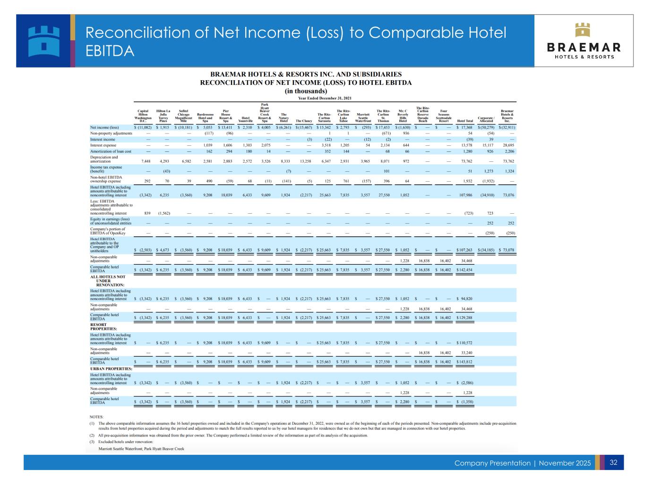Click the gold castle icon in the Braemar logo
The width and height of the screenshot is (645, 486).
click(x=584, y=29)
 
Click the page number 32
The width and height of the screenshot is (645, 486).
click(x=613, y=462)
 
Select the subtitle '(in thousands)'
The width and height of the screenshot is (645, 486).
click(x=306, y=91)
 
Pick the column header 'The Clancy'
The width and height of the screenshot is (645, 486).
click(x=303, y=121)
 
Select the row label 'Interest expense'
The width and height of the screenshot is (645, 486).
click(x=103, y=145)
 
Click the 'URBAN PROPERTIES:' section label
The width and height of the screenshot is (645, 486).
click(x=111, y=369)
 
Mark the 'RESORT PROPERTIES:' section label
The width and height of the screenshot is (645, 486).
click(x=103, y=327)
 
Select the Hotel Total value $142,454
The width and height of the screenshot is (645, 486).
click(x=465, y=270)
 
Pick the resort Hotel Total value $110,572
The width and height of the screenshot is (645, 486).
click(x=465, y=343)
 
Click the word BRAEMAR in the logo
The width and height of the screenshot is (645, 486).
click(x=584, y=47)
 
